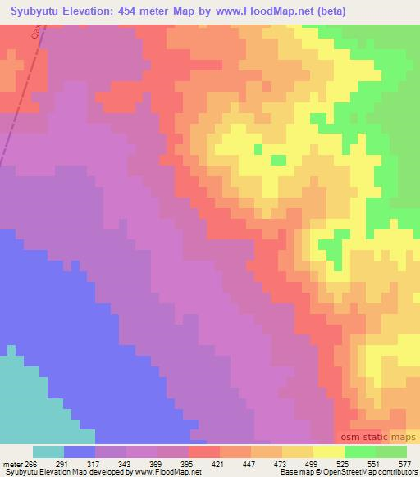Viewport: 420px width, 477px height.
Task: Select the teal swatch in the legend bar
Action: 48,452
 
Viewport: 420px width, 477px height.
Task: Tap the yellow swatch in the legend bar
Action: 329,452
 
